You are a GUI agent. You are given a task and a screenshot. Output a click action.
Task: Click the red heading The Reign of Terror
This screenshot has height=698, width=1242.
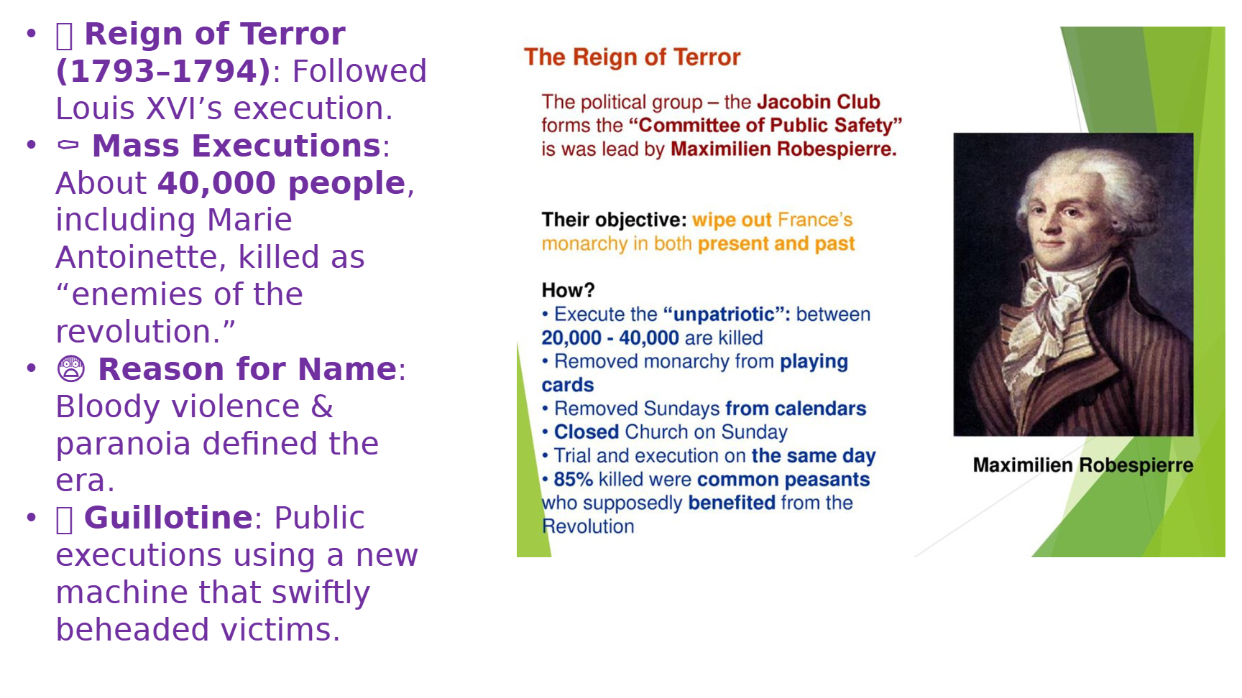[x=632, y=57]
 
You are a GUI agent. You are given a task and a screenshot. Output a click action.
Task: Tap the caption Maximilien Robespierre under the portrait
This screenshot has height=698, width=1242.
[x=1082, y=465]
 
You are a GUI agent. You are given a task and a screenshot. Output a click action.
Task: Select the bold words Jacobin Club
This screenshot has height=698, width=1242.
[x=818, y=102]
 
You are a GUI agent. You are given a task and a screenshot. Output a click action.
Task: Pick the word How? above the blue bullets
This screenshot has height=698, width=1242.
[x=568, y=290]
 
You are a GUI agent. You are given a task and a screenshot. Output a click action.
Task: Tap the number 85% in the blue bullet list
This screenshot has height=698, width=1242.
[x=573, y=480]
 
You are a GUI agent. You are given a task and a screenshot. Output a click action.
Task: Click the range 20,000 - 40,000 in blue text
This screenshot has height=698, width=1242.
[x=609, y=338]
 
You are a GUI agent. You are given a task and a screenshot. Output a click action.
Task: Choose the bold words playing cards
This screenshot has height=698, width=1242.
[x=694, y=373]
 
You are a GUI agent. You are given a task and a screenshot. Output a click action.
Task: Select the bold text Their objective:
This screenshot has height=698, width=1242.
[x=615, y=220]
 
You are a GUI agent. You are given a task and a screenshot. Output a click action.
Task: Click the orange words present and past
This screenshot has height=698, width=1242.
[x=776, y=244]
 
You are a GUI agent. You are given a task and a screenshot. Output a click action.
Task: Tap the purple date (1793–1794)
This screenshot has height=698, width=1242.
[x=163, y=71]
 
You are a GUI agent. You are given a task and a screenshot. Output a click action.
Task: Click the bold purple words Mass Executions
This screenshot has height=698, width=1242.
[x=236, y=146]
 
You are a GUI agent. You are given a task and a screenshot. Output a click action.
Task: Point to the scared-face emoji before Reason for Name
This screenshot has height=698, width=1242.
[x=70, y=369]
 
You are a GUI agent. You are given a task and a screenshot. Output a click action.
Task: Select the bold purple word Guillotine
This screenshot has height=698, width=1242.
[x=168, y=518]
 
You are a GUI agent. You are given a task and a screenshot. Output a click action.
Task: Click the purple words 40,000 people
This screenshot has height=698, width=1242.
[x=282, y=183]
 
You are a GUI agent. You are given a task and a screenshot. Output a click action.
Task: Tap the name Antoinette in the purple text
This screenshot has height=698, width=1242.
[x=141, y=257]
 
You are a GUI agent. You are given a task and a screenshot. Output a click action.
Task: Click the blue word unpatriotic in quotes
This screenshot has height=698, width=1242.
[x=724, y=315]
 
